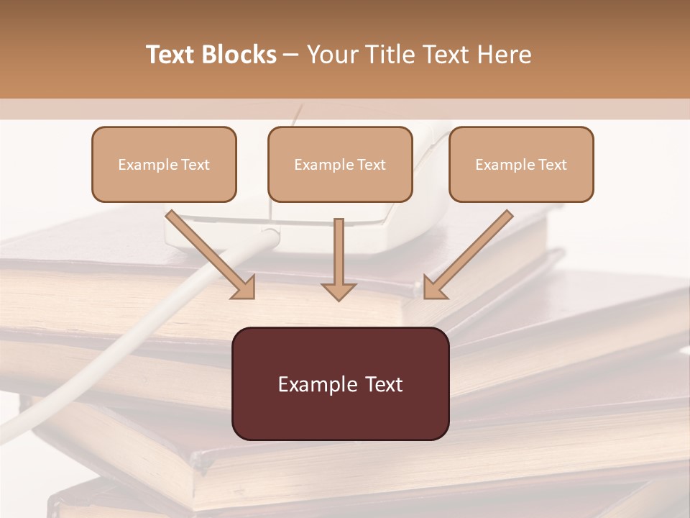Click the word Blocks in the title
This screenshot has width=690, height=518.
tap(239, 55)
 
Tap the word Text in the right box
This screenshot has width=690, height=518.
tap(552, 165)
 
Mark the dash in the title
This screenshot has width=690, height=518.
tap(291, 55)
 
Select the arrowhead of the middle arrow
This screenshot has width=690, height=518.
tap(339, 291)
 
